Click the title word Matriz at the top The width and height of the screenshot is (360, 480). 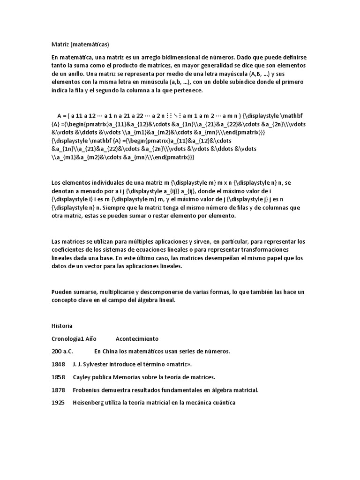pyautogui.click(x=60, y=45)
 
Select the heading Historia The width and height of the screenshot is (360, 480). pyautogui.click(x=62, y=325)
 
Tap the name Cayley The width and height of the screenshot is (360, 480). pyautogui.click(x=82, y=377)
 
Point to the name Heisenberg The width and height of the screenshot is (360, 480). pyautogui.click(x=90, y=403)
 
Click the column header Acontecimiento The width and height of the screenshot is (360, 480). pyautogui.click(x=137, y=338)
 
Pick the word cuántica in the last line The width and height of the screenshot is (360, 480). pyautogui.click(x=222, y=403)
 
